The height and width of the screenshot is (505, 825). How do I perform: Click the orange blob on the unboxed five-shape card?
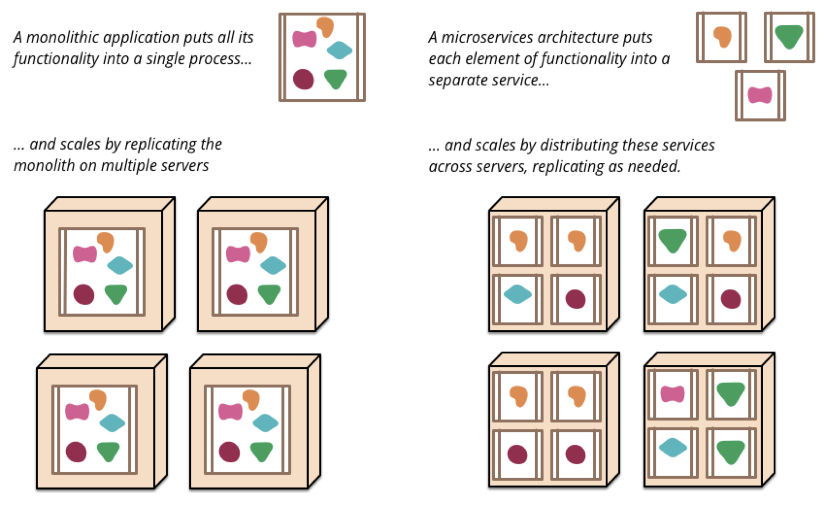pos(325,26)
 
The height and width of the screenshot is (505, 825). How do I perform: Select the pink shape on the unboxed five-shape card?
pos(304,39)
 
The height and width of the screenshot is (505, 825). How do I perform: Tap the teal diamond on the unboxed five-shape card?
pos(339,50)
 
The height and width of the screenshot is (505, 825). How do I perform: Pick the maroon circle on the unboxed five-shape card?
pos(303,79)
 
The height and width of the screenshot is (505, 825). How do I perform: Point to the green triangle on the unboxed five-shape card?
pos(335,78)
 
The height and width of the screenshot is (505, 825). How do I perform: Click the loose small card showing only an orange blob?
pos(721,37)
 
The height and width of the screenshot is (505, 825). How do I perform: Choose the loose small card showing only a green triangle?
pos(789,37)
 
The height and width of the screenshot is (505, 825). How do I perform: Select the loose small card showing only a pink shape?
pos(760,96)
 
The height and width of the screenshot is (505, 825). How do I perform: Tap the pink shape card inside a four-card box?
pos(672,395)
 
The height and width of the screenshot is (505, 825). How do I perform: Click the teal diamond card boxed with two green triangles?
pos(672,448)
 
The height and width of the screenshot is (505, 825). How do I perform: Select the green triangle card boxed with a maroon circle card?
pos(672,241)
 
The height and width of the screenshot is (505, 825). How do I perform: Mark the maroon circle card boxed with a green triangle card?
pos(731,299)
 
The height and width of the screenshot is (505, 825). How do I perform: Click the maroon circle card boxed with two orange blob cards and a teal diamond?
pos(575,299)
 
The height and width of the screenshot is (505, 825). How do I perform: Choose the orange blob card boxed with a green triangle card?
pos(731,241)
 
